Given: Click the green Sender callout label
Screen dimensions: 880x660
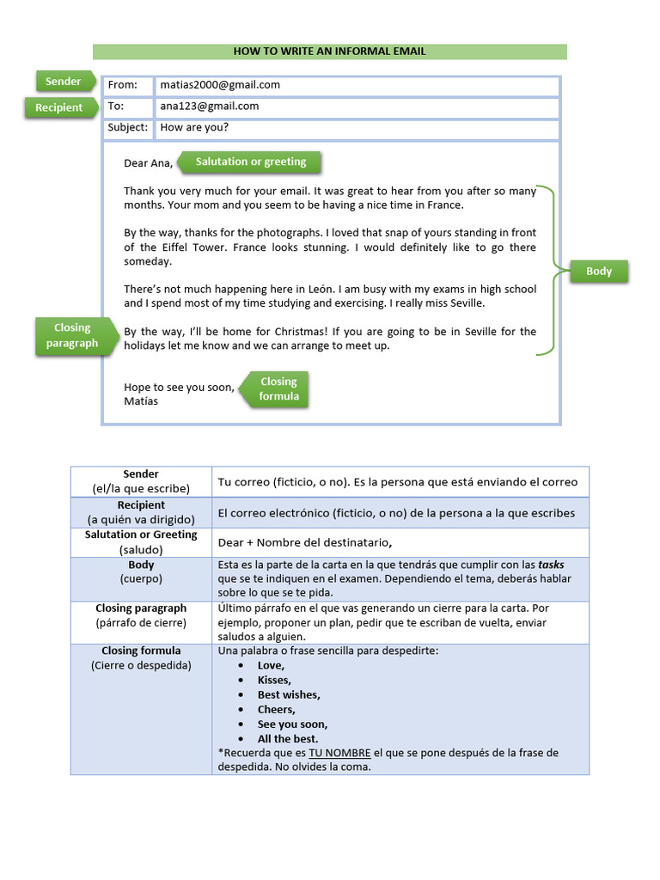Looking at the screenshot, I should click(x=63, y=82).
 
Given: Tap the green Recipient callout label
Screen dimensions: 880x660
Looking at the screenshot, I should click(x=58, y=107).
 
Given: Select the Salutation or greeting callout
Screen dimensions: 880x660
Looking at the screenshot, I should click(x=250, y=162).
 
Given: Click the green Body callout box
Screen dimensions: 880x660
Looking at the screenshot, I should click(x=599, y=272).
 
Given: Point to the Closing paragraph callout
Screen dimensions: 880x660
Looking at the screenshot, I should click(x=72, y=335).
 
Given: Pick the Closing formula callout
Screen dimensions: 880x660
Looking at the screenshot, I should click(x=278, y=388).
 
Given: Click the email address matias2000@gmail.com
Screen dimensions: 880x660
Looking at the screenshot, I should click(x=220, y=85).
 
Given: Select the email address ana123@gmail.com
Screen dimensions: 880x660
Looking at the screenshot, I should click(x=209, y=107).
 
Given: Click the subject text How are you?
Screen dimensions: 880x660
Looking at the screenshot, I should click(x=194, y=128).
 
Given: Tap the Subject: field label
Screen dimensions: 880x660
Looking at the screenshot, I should click(x=127, y=128).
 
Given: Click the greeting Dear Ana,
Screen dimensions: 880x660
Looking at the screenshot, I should click(x=148, y=163).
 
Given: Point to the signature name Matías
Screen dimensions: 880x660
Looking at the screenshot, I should click(x=141, y=401).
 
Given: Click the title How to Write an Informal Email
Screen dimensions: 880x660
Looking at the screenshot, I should click(x=329, y=52).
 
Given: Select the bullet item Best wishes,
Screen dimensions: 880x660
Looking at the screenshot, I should click(x=289, y=694).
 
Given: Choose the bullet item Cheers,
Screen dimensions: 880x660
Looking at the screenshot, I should click(x=277, y=710).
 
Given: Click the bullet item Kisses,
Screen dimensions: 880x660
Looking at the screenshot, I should click(x=274, y=680).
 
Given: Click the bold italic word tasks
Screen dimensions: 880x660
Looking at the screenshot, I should click(x=551, y=565).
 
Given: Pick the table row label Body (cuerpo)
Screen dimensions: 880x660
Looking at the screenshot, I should click(x=141, y=571).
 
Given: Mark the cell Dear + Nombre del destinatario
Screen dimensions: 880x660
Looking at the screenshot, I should click(x=305, y=542).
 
